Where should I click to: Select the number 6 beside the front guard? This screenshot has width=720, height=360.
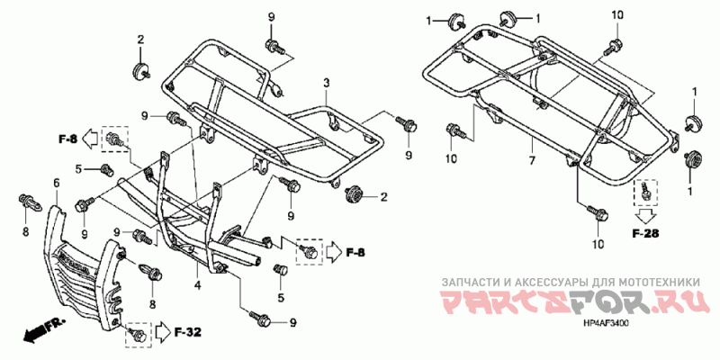56,184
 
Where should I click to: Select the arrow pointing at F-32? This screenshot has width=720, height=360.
163,331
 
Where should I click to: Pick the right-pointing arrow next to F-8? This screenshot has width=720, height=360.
332,251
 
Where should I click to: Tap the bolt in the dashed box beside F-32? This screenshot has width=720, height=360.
138,332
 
